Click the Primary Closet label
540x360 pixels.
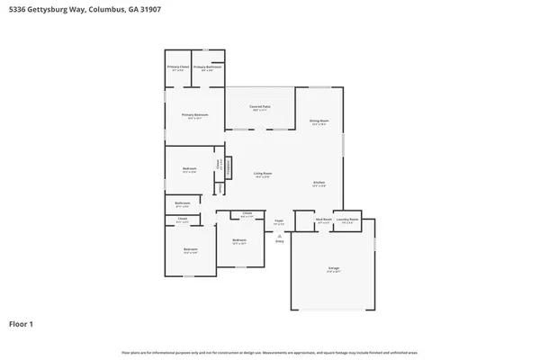(x=178, y=67)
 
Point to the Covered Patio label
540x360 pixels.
(x=261, y=106)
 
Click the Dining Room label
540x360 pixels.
(x=319, y=120)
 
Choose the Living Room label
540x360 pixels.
(x=262, y=173)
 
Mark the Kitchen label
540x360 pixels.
(x=319, y=183)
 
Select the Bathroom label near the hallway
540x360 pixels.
(x=182, y=203)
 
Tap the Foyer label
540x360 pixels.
(x=279, y=220)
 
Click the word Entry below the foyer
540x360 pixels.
(x=279, y=241)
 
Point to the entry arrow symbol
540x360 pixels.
(x=279, y=234)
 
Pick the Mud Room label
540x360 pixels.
(x=324, y=220)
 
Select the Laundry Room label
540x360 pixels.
(x=348, y=220)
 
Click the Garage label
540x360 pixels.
(x=333, y=268)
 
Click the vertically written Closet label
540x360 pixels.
(x=218, y=164)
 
